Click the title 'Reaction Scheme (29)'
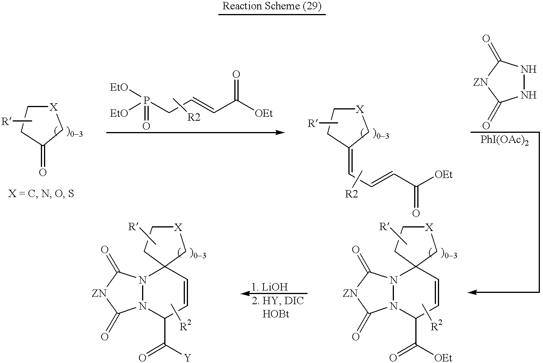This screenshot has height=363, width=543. click(x=272, y=7)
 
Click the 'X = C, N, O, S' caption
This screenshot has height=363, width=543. click(x=41, y=194)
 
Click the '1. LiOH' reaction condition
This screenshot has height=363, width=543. click(x=269, y=287)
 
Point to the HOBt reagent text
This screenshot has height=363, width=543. click(x=276, y=314)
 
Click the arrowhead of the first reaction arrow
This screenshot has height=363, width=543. click(x=280, y=132)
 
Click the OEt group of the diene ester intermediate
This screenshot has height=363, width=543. click(x=443, y=175)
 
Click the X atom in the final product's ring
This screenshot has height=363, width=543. click(x=177, y=228)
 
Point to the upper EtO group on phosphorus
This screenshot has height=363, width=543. click(x=119, y=88)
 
